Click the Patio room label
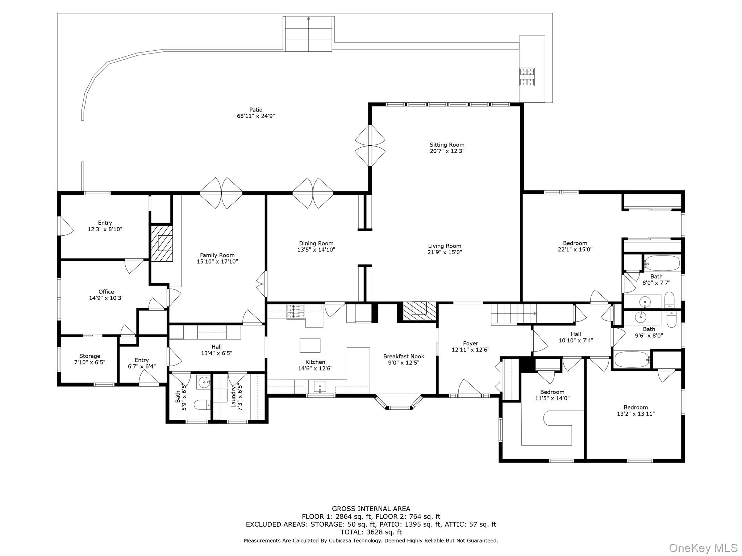pos(256,110)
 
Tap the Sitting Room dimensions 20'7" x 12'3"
pos(447,151)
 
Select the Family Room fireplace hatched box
pos(162,243)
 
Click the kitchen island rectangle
pos(310,345)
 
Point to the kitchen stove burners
pos(296,312)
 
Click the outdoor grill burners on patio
pos(527,76)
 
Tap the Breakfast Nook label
pos(404,356)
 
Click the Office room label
pos(106,291)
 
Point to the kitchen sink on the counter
pos(320,387)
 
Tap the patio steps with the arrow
pos(308,34)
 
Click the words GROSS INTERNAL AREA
pos(371,509)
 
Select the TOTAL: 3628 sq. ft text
pos(371,532)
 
